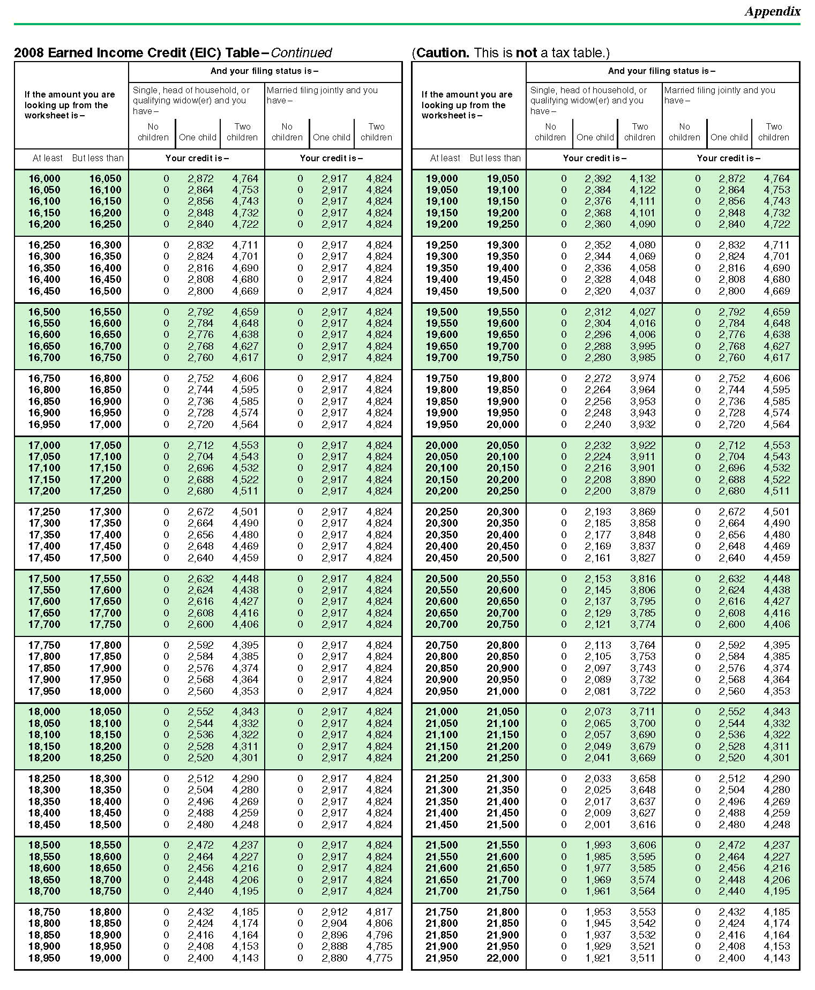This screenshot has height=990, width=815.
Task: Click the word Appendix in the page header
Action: (772, 11)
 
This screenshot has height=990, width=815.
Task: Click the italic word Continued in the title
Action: (301, 52)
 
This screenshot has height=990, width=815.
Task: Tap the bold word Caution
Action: (442, 52)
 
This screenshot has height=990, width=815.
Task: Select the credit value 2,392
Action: (597, 178)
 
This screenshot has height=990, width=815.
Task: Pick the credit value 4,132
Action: (642, 178)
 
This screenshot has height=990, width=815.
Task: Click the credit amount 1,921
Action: (597, 958)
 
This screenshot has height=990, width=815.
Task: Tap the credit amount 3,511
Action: (642, 958)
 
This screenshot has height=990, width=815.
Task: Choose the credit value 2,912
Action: (334, 912)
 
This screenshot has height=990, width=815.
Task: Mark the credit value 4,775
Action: (379, 958)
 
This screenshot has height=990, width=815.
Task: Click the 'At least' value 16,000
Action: (44, 178)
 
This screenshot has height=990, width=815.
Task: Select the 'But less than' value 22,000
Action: (503, 958)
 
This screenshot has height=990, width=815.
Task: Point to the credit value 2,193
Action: (597, 512)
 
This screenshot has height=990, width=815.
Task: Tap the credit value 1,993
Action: (597, 845)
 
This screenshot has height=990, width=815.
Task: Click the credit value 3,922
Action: (642, 445)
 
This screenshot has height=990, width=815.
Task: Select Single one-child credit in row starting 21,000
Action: (597, 711)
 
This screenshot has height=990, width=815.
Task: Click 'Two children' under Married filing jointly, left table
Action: (376, 132)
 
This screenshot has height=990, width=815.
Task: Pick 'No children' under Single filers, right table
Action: (550, 132)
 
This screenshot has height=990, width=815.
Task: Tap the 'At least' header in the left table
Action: (48, 158)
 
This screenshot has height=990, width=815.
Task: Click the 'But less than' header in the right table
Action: (495, 158)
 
